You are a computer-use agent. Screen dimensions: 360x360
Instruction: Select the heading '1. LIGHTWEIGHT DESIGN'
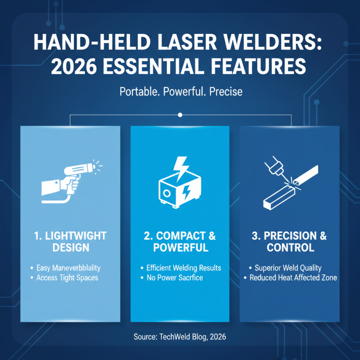point(71,242)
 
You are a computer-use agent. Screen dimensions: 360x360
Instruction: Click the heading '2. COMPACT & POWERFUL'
point(180,242)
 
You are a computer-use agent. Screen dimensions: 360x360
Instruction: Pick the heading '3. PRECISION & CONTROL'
point(289,242)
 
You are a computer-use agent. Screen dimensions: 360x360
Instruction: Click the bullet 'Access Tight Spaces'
point(67,278)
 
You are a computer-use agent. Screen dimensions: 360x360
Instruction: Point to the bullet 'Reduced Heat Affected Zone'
point(293,278)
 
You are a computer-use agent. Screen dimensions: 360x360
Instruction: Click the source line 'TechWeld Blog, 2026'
point(180,337)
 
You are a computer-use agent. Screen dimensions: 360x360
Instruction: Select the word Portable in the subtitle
point(135,92)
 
